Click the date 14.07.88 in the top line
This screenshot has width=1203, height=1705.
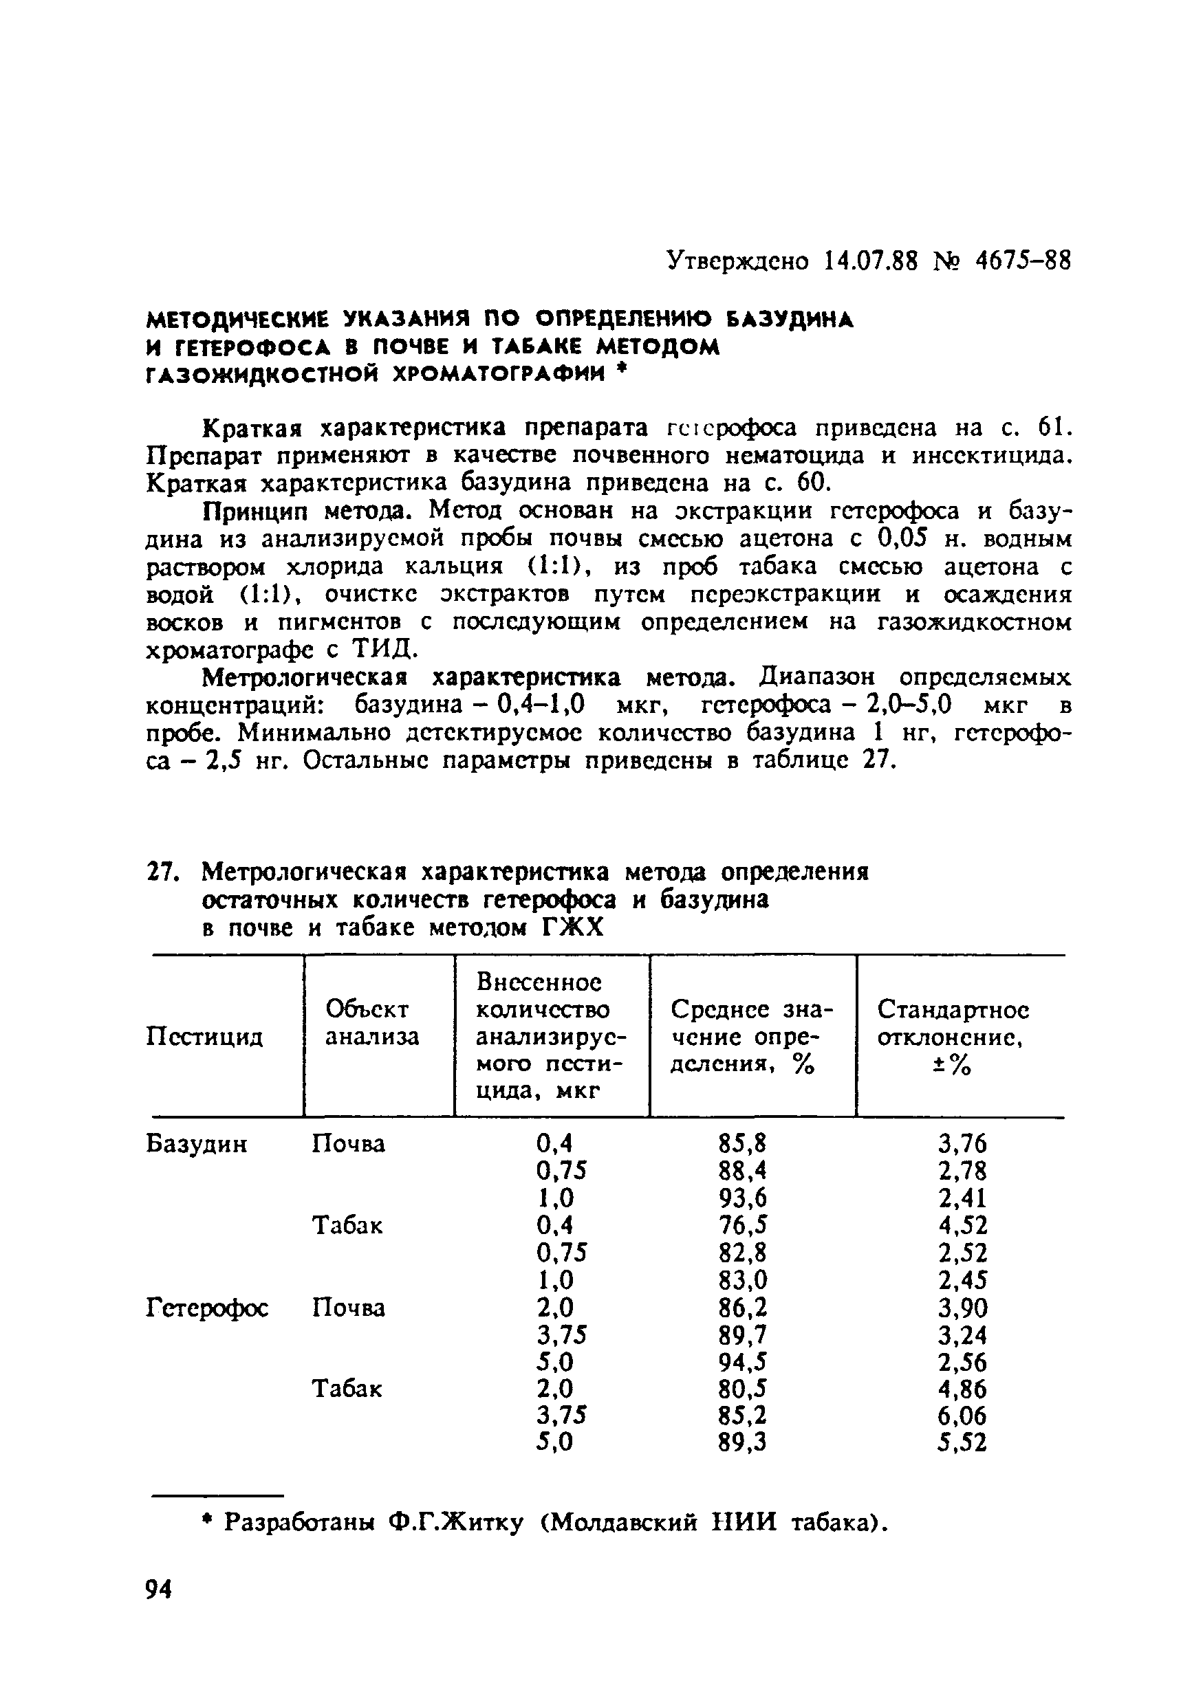tap(871, 261)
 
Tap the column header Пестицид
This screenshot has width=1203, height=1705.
tap(204, 1036)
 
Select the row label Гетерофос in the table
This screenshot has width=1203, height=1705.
tap(207, 1307)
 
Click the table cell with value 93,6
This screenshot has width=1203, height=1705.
tap(742, 1198)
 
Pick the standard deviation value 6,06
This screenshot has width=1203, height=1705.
tap(962, 1416)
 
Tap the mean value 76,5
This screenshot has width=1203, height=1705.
tap(742, 1225)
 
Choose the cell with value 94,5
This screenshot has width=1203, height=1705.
tap(742, 1362)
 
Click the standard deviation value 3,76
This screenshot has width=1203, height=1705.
tap(962, 1143)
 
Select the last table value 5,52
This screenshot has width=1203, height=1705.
tap(962, 1443)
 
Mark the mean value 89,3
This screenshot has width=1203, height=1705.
tap(742, 1443)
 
